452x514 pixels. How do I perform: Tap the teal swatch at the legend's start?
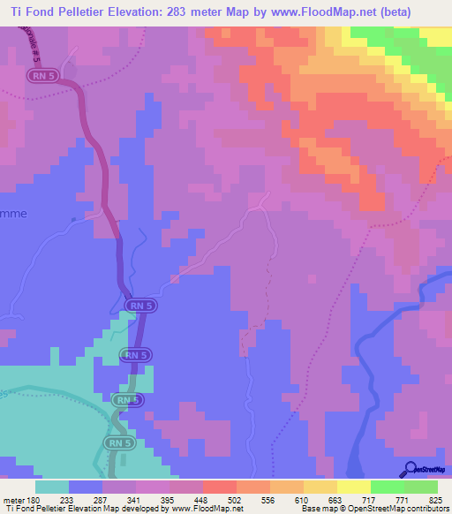pyautogui.click(x=52, y=487)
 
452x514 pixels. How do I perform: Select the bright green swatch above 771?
pyautogui.click(x=388, y=487)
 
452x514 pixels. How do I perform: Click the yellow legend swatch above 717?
pyautogui.click(x=354, y=487)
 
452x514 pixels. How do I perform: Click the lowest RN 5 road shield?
pyautogui.click(x=116, y=442)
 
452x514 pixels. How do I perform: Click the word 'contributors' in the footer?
pyautogui.click(x=421, y=509)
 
